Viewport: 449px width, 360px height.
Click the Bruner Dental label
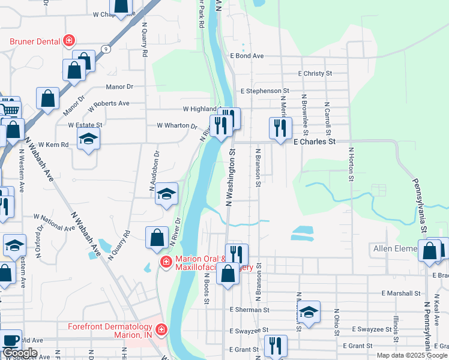35,41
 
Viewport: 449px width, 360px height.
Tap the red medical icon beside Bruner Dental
70,41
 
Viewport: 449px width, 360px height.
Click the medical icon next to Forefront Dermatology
160,329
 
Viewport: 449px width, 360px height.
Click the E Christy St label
315,73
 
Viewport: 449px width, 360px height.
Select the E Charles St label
314,142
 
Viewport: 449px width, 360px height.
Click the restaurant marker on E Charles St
280,128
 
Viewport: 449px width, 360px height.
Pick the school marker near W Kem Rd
89,139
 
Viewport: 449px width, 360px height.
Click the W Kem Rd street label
53,145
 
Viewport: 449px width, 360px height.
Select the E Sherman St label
249,310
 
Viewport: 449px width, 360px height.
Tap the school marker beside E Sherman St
309,312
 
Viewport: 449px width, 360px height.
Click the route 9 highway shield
105,49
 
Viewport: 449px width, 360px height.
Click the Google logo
20,353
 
